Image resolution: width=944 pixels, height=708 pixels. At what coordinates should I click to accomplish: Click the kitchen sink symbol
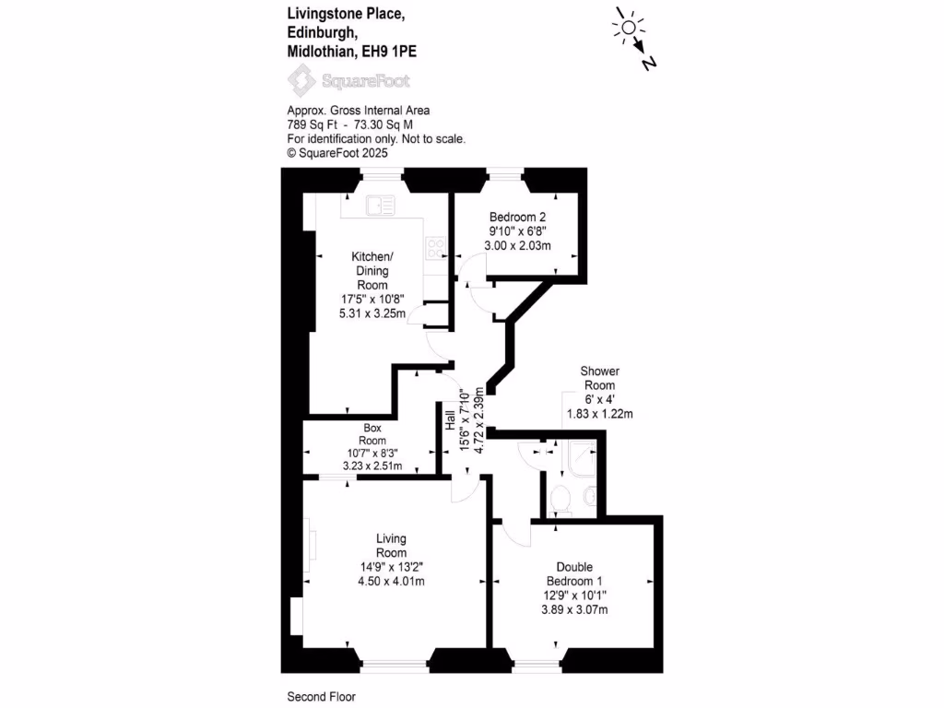pyautogui.click(x=381, y=206)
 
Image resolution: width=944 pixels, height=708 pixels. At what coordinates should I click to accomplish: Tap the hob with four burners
pyautogui.click(x=436, y=248)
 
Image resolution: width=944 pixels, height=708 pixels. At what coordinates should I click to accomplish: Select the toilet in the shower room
pyautogui.click(x=560, y=500)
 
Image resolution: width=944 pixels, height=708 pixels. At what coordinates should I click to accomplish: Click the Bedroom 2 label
pyautogui.click(x=517, y=217)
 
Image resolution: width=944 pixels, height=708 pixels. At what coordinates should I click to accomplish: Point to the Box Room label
pyautogui.click(x=372, y=434)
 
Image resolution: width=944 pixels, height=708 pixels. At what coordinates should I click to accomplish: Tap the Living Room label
pyautogui.click(x=391, y=546)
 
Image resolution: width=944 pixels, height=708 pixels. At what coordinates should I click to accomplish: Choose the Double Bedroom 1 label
pyautogui.click(x=574, y=573)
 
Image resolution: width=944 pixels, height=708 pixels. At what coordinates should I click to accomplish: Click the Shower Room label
pyautogui.click(x=599, y=378)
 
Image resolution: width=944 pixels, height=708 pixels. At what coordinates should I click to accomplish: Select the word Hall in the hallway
pyautogui.click(x=450, y=419)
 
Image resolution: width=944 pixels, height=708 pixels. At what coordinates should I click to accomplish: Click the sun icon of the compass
pyautogui.click(x=629, y=28)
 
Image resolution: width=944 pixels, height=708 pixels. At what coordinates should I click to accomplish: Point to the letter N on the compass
pyautogui.click(x=648, y=63)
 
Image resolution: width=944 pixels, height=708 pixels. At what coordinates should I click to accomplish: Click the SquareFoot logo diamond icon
pyautogui.click(x=301, y=81)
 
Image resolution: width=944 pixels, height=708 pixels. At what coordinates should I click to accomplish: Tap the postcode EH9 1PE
pyautogui.click(x=389, y=52)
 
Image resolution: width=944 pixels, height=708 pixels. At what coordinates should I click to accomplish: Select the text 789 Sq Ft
pyautogui.click(x=313, y=124)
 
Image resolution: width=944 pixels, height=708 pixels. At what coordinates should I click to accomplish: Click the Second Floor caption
pyautogui.click(x=321, y=697)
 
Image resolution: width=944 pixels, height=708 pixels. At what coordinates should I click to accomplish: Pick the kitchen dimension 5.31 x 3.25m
pyautogui.click(x=372, y=313)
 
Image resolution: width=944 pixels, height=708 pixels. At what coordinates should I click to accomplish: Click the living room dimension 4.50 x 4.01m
pyautogui.click(x=391, y=581)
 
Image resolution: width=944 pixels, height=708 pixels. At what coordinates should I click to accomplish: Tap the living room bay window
pyautogui.click(x=395, y=666)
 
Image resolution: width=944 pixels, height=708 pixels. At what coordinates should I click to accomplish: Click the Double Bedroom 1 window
pyautogui.click(x=537, y=666)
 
